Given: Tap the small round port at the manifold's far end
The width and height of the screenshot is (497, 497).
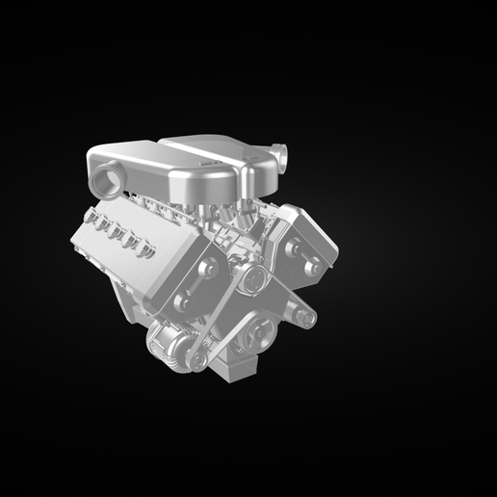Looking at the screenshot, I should (280, 153).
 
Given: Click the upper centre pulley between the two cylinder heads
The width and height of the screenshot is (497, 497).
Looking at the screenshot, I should (254, 278).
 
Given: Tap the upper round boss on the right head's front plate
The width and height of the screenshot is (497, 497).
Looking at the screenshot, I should (292, 248).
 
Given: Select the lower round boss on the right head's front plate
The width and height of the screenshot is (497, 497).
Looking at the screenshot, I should (311, 269).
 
